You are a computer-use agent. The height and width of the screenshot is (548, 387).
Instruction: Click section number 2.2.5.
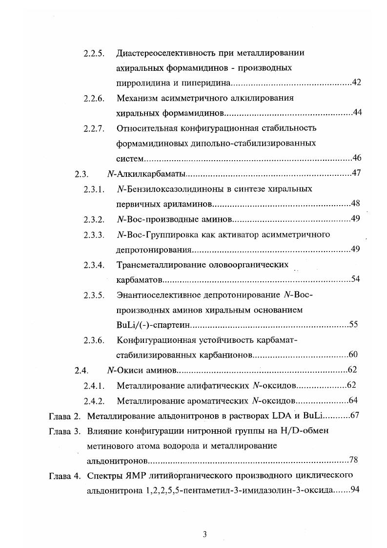(94, 53)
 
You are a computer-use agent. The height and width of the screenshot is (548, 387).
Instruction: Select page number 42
(356, 82)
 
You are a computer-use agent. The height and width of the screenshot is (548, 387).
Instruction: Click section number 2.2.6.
(94, 98)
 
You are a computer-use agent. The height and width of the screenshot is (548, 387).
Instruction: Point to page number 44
(357, 113)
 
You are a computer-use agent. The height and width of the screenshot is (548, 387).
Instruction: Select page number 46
(356, 158)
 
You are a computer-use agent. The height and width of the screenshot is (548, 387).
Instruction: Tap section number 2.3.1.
(94, 189)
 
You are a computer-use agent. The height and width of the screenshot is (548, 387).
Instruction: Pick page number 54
(356, 279)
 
